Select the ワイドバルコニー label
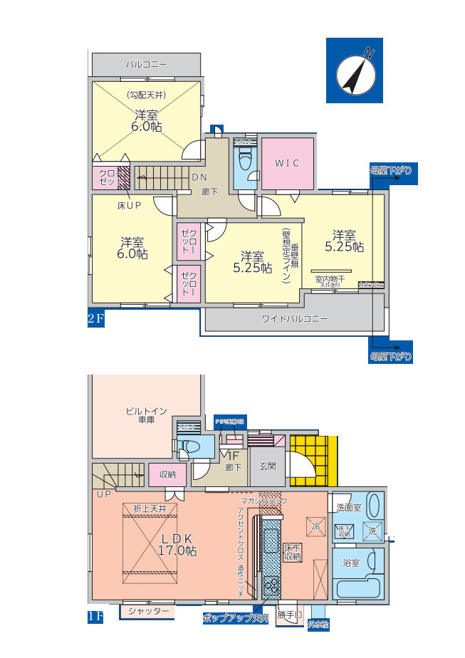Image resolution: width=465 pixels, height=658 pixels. pyautogui.click(x=295, y=319)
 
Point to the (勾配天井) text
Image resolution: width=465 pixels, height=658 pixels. pyautogui.click(x=147, y=95)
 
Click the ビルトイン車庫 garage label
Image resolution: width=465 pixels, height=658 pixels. pyautogui.click(x=146, y=416)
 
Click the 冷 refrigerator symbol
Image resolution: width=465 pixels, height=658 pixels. pyautogui.click(x=315, y=528)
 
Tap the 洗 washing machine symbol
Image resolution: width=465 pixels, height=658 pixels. pyautogui.click(x=372, y=531)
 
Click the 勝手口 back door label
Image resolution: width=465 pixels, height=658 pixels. pyautogui.click(x=290, y=613)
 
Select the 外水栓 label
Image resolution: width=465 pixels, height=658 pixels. pyautogui.click(x=318, y=625)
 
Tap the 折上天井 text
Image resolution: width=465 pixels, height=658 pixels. pyautogui.click(x=150, y=508)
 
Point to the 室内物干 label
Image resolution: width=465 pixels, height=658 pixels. pyautogui.click(x=330, y=279)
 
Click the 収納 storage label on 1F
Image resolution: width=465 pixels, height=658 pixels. pyautogui.click(x=167, y=474)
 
